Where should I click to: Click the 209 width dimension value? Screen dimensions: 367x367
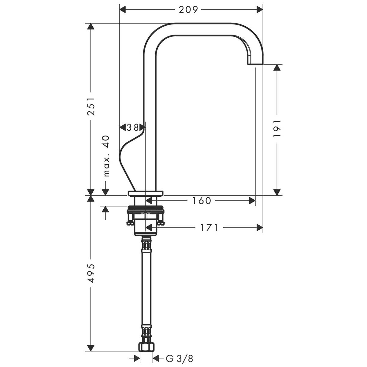[x=189, y=10]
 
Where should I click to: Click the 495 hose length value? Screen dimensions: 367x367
[x=91, y=273]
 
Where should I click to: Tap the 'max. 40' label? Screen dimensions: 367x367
[x=106, y=156]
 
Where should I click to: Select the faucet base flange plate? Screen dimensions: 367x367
[x=146, y=193]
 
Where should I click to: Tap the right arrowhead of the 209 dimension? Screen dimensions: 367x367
[x=259, y=10]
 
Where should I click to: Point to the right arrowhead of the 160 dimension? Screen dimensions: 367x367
[x=252, y=201]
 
